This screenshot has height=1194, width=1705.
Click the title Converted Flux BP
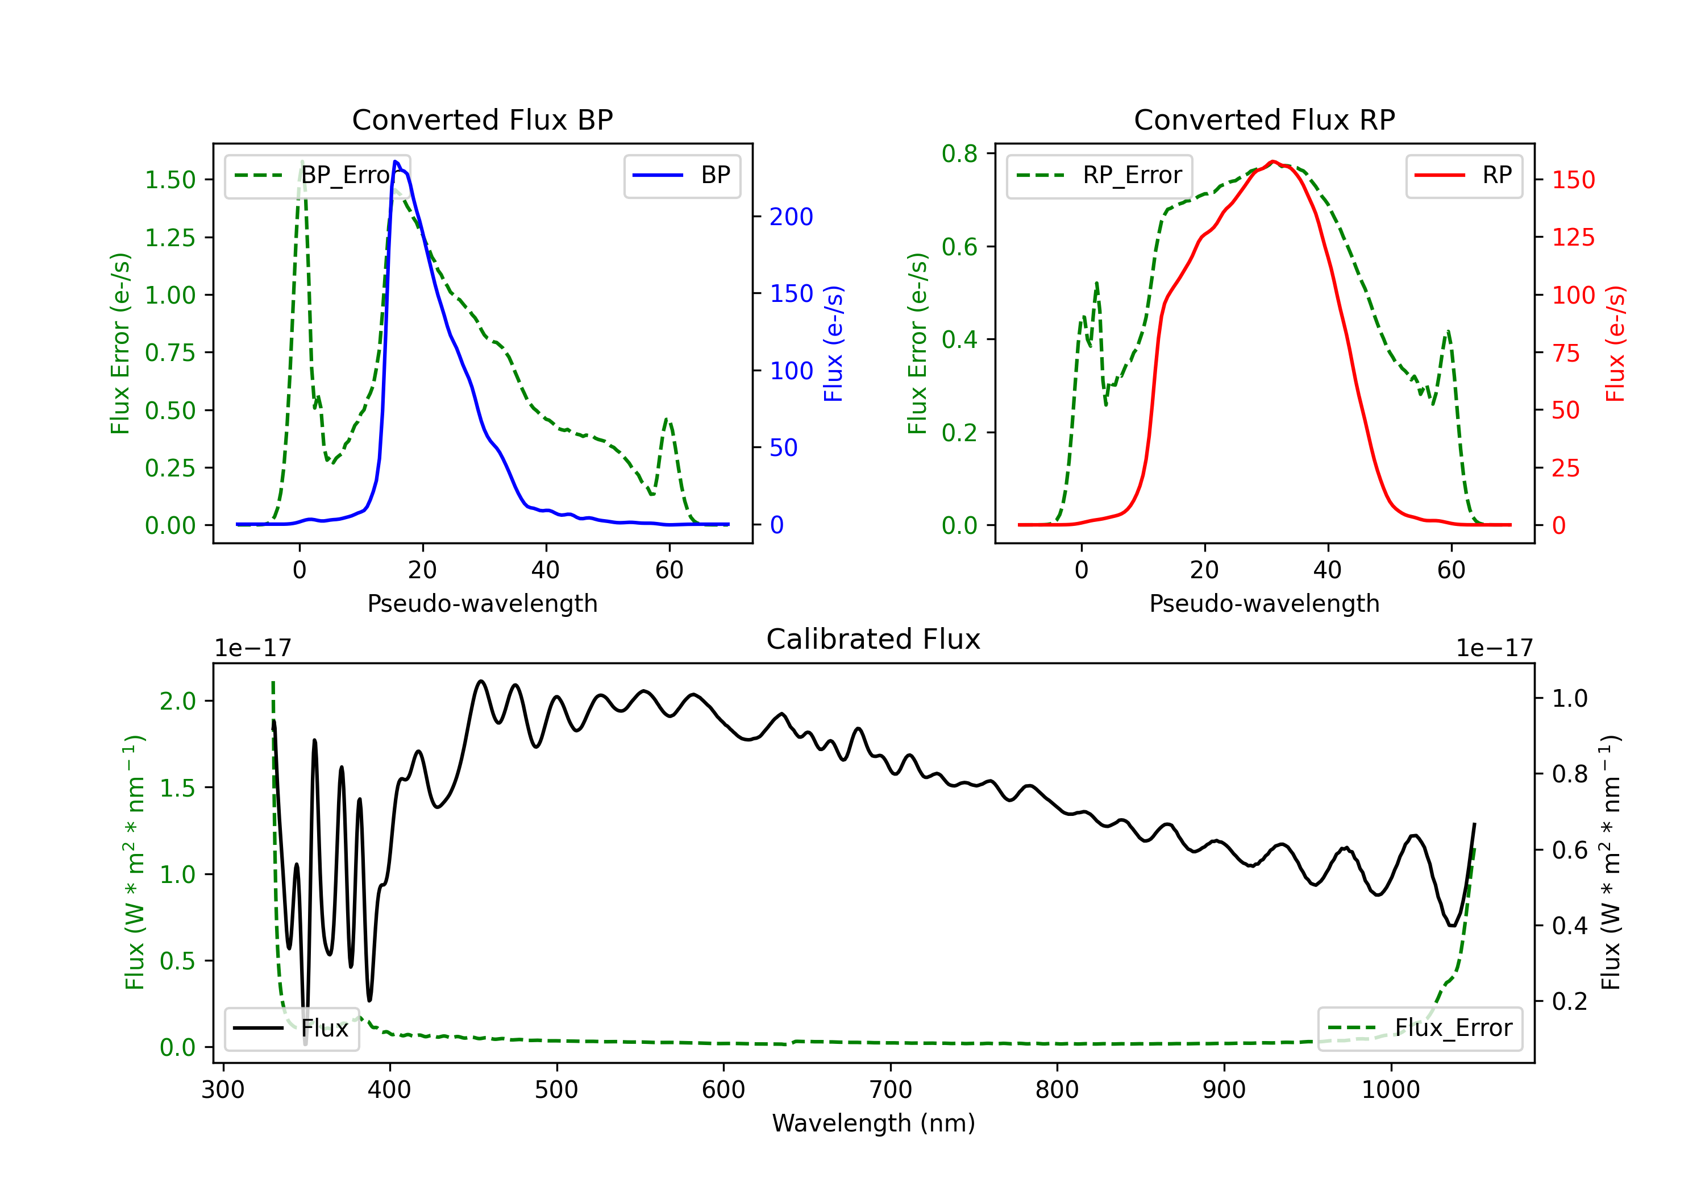click(x=482, y=119)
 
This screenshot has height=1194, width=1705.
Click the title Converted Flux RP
click(x=1264, y=119)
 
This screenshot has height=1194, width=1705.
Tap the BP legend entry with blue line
click(x=683, y=175)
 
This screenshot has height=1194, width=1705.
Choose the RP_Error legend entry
click(x=1099, y=175)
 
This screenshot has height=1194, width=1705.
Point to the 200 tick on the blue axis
click(x=791, y=217)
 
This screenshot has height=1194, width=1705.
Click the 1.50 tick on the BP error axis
click(x=170, y=180)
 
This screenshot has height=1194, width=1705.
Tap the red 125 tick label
click(x=1573, y=238)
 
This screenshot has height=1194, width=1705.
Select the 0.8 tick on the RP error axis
click(x=959, y=154)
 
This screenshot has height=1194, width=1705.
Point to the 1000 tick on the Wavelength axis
click(x=1390, y=1090)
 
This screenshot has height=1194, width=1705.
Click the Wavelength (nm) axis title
click(x=874, y=1123)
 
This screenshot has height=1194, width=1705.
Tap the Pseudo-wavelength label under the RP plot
click(x=1264, y=603)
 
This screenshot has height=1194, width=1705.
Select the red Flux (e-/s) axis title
click(x=1615, y=343)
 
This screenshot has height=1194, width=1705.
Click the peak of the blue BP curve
click(x=396, y=161)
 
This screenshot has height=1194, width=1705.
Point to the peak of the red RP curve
click(x=1273, y=161)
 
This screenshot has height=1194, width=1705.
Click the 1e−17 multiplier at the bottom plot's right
click(x=1494, y=648)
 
